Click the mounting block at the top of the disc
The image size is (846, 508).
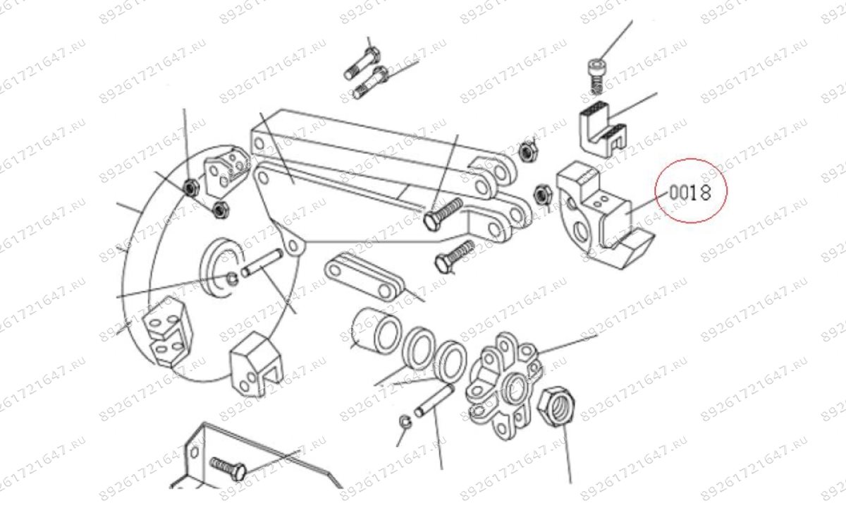coord(225,168)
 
